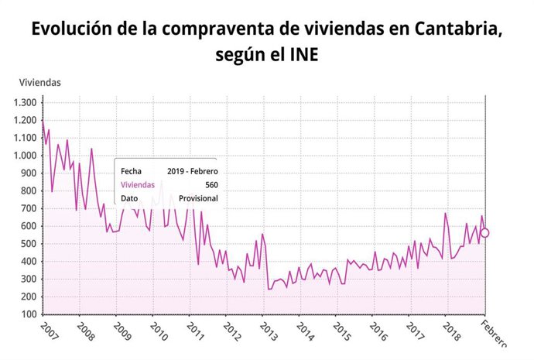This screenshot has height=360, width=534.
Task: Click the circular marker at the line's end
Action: (485, 233)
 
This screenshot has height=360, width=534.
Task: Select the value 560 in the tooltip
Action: (210, 184)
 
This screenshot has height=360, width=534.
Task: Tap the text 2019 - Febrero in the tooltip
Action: (192, 170)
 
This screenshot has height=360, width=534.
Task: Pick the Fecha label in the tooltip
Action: (132, 170)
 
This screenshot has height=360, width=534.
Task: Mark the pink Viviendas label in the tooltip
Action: (138, 184)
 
